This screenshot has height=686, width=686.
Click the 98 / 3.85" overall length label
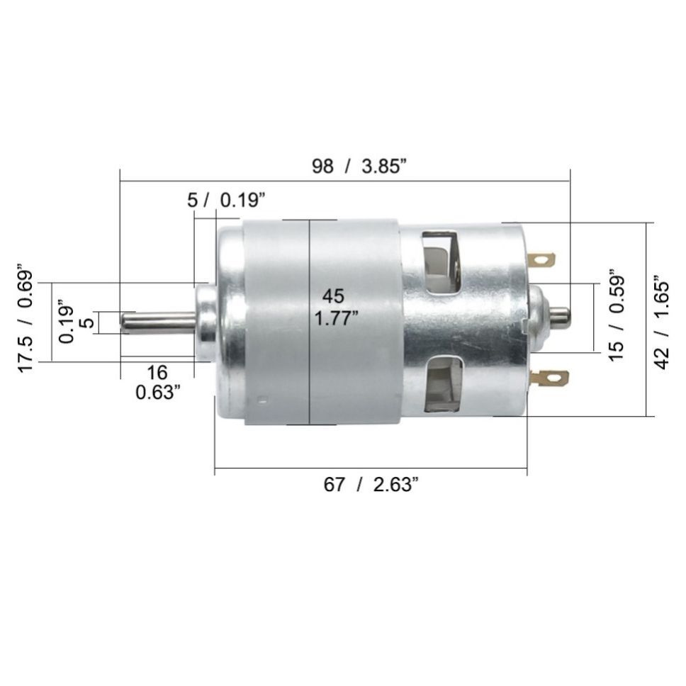(359, 167)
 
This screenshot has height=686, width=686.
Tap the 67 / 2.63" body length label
(371, 485)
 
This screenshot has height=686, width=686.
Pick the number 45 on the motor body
(333, 297)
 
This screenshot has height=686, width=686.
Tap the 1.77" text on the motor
(337, 318)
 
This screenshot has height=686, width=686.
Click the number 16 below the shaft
(157, 373)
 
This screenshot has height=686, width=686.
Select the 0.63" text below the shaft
(158, 393)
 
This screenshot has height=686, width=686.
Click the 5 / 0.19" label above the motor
(227, 201)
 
